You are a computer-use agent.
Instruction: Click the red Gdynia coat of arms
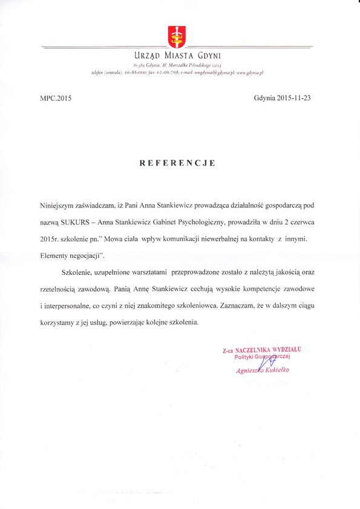pyautogui.click(x=176, y=37)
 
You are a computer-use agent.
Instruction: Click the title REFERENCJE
pyautogui.click(x=177, y=163)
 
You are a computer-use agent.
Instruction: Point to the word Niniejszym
pyautogui.click(x=59, y=206)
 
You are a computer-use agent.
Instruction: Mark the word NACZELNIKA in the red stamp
pyautogui.click(x=254, y=350)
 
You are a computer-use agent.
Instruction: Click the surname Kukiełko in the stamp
pyautogui.click(x=273, y=370)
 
